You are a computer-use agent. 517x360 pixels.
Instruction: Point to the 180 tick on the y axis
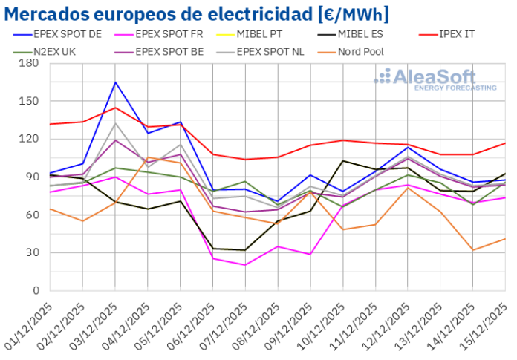(29, 63)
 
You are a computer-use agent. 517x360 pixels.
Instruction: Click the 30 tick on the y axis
(32, 252)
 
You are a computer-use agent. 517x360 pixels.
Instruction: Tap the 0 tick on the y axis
(35, 290)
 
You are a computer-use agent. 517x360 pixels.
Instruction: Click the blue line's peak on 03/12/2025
(115, 82)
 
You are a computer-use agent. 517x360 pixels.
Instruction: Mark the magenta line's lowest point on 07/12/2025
(246, 265)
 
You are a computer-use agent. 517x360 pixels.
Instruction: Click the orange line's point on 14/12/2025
(473, 250)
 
